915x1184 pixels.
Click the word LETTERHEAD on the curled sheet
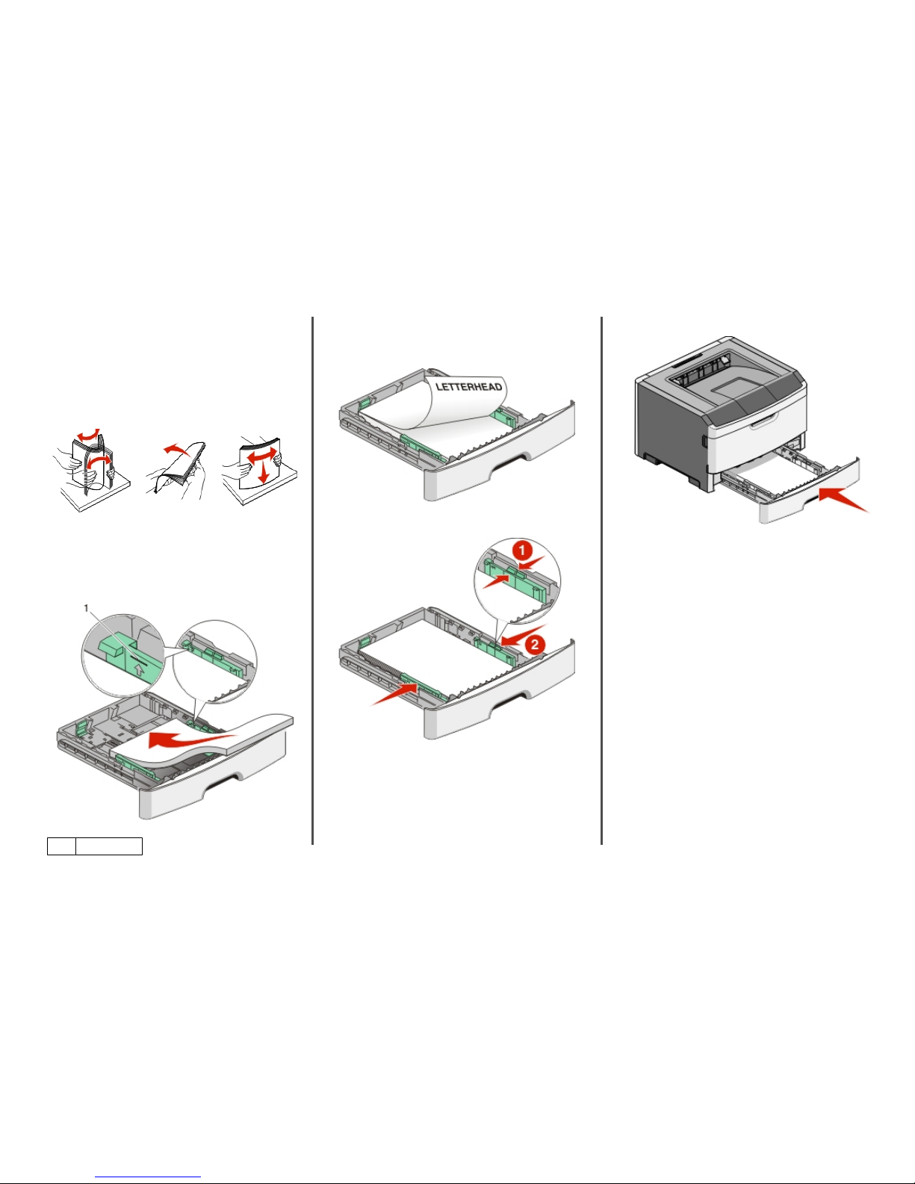coord(469,387)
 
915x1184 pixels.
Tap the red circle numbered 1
coord(522,551)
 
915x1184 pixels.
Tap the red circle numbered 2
coord(535,645)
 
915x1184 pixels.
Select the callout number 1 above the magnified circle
coord(86,608)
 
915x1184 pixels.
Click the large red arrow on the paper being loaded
coord(193,740)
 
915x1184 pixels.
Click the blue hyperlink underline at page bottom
coord(148,1178)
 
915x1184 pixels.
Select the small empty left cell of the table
coord(61,846)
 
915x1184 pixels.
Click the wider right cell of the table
coord(109,846)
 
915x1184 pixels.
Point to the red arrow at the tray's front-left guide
coord(394,695)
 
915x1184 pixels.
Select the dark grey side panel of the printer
coord(670,430)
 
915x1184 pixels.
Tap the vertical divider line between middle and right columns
coord(602,581)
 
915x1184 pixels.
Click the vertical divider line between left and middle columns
coord(313,581)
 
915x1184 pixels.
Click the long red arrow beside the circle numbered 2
coord(524,635)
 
